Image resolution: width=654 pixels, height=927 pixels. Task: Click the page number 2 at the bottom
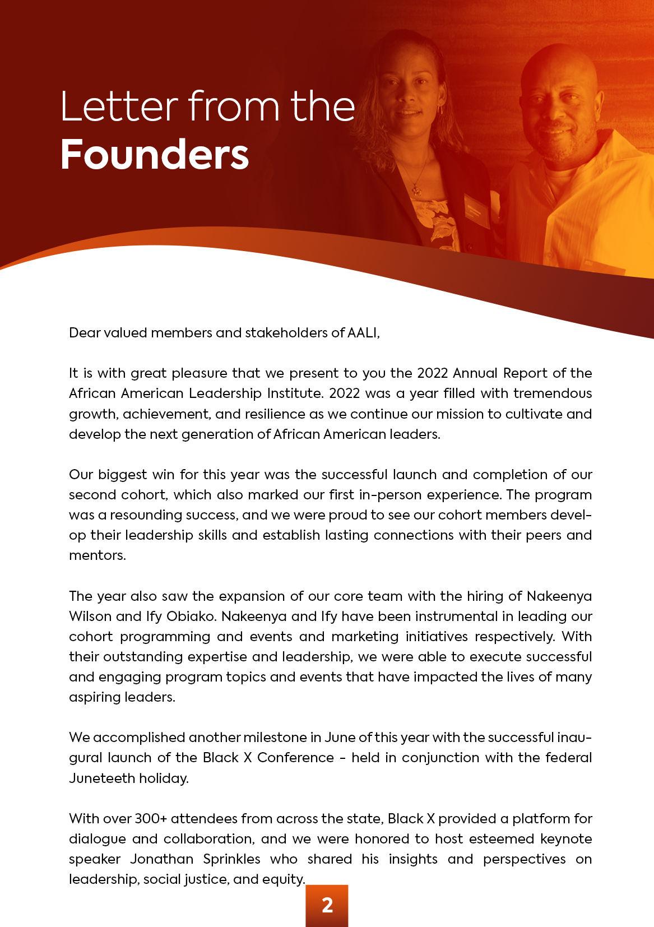(x=327, y=905)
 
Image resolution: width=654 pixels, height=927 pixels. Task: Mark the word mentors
(x=97, y=555)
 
